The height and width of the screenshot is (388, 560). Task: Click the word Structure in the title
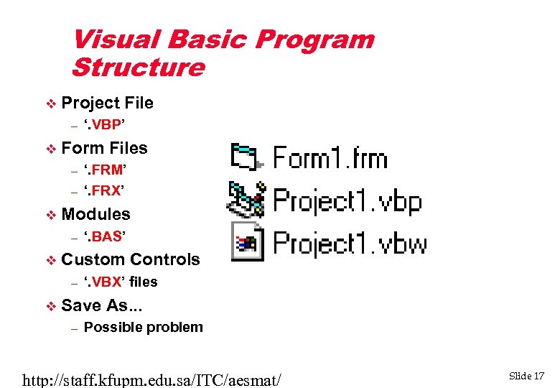point(138,68)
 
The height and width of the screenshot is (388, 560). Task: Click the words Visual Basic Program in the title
point(223,39)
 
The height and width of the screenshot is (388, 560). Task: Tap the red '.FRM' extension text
point(105,170)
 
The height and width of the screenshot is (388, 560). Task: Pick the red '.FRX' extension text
point(104,190)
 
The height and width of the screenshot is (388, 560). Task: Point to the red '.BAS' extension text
point(105,236)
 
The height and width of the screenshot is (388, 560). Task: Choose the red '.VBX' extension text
point(105,282)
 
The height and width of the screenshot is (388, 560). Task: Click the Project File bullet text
point(107,103)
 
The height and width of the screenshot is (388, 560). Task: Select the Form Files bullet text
point(104,148)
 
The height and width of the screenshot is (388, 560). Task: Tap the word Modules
point(96,214)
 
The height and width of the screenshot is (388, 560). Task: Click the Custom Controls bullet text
point(131,259)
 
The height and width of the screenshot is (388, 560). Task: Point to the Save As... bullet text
point(102,305)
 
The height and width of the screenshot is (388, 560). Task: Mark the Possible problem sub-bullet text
point(143,328)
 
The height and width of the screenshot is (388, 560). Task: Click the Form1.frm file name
point(330,158)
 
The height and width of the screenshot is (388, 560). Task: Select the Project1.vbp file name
point(347,201)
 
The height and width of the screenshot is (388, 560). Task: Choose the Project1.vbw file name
point(350,243)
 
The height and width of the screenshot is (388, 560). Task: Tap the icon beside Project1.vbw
point(246,243)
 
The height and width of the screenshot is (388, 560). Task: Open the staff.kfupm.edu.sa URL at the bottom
point(152,377)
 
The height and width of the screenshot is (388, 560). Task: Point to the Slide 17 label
point(527,376)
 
